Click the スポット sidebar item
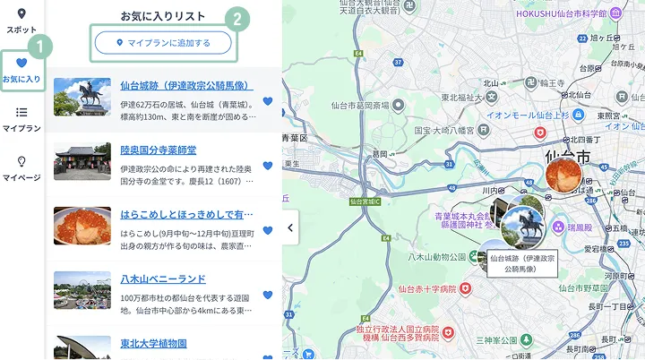click(x=21, y=20)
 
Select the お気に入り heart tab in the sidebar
click(x=21, y=70)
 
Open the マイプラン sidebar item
click(x=21, y=119)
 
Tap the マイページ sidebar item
click(x=21, y=167)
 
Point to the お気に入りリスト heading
click(x=163, y=16)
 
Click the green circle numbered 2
click(x=236, y=18)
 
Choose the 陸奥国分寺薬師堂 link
click(x=159, y=150)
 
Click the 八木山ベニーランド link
click(x=163, y=279)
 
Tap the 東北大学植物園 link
click(x=153, y=343)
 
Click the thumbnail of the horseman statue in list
click(x=82, y=97)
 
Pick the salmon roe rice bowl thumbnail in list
click(x=82, y=226)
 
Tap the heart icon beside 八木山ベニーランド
click(x=268, y=295)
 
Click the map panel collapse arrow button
click(x=290, y=227)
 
